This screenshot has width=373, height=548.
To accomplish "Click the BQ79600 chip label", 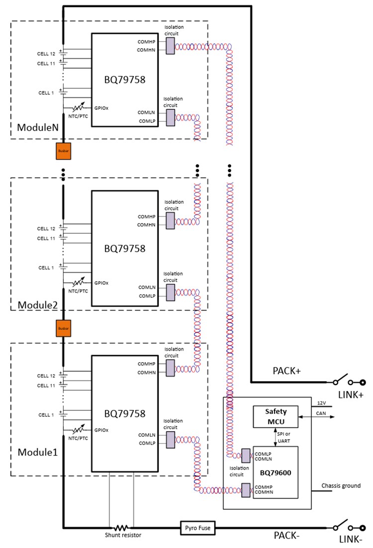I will pyautogui.click(x=275, y=472).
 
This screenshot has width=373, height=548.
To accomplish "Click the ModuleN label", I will pyautogui.click(x=38, y=128).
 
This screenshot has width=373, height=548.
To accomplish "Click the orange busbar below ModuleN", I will pyautogui.click(x=63, y=151).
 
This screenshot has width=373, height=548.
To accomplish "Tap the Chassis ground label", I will pyautogui.click(x=341, y=485).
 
